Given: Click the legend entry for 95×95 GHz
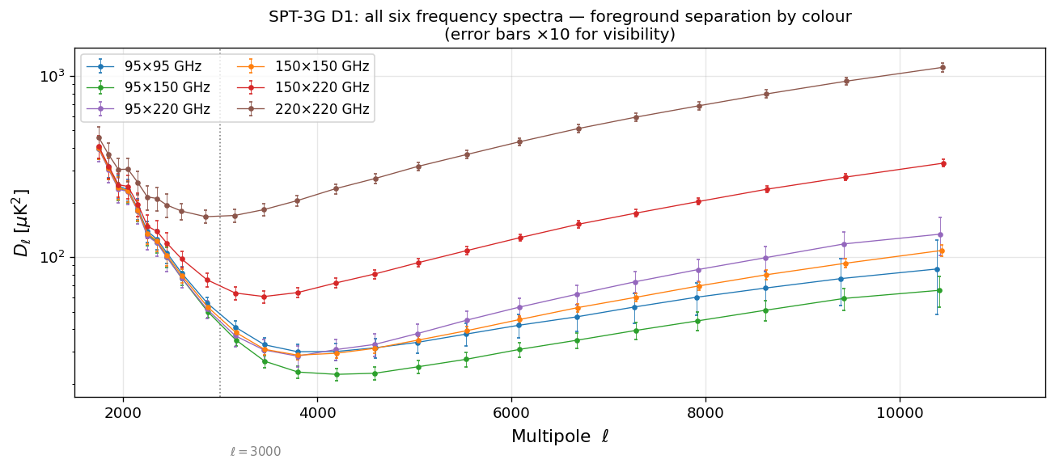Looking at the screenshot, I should pyautogui.click(x=163, y=67).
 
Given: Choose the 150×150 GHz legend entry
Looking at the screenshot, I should pyautogui.click(x=321, y=67).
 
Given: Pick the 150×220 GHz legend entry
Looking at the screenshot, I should pyautogui.click(x=321, y=88).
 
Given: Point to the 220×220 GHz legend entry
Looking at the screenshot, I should pyautogui.click(x=321, y=109).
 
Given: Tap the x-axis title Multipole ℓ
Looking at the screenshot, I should pyautogui.click(x=560, y=437).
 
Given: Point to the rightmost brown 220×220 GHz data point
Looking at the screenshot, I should pyautogui.click(x=942, y=67).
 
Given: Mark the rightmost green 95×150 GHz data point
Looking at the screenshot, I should pyautogui.click(x=938, y=290).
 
